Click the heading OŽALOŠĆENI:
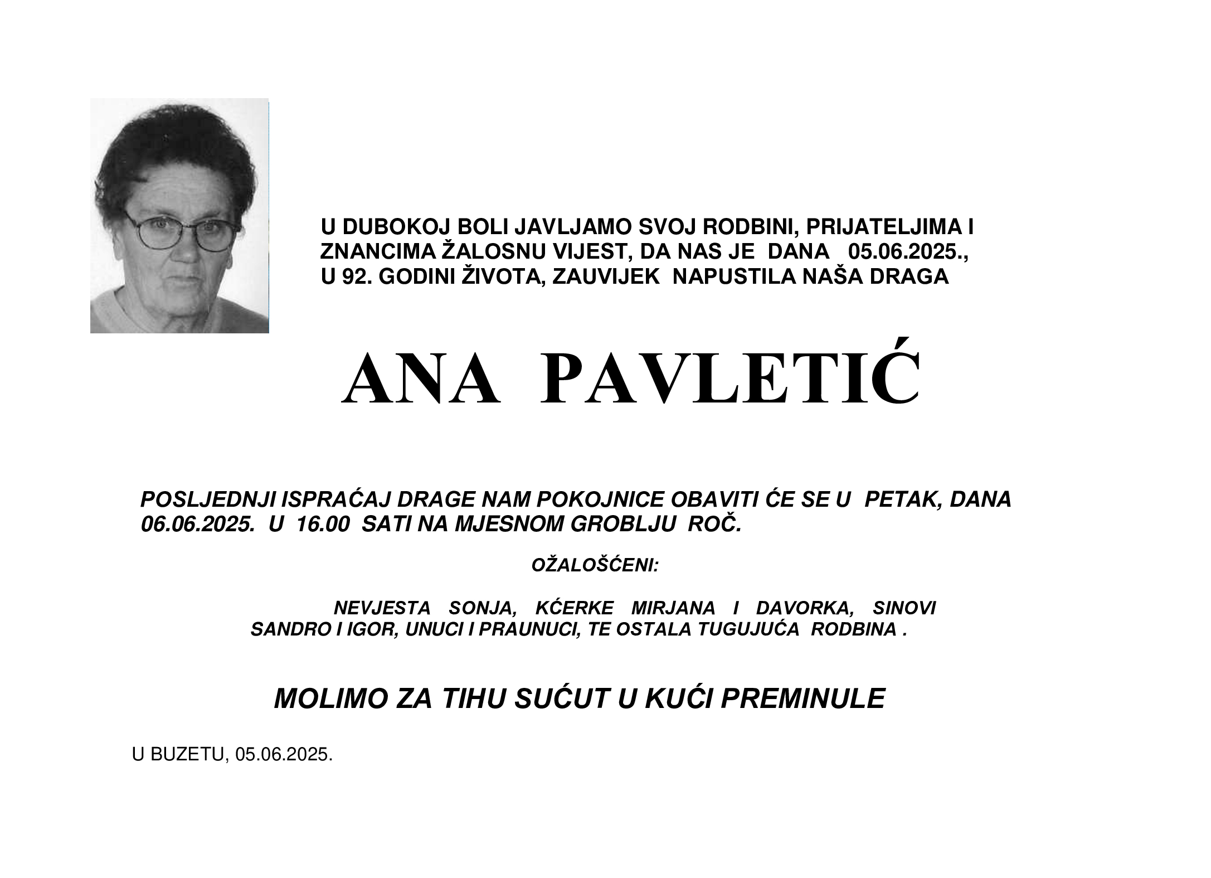click(595, 565)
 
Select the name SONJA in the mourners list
click(483, 607)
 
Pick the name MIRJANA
click(673, 607)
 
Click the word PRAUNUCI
click(530, 629)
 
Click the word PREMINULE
click(803, 698)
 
